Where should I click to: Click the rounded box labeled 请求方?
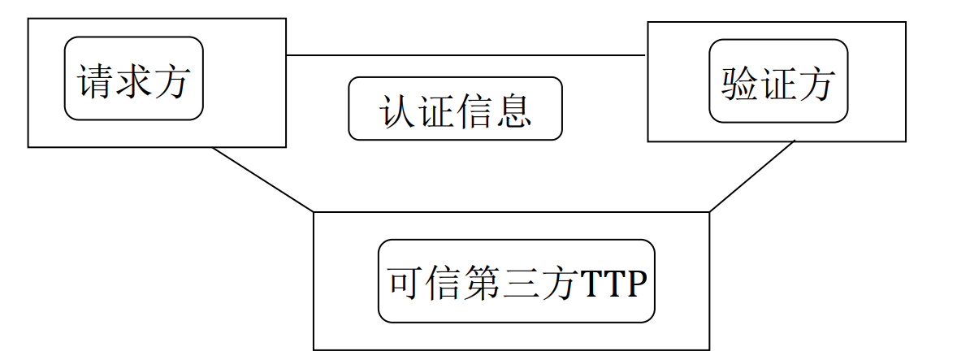coord(133,78)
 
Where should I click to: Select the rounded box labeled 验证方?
coord(777,80)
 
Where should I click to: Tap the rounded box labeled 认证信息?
coord(455,108)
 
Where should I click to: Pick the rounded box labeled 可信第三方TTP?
coord(516,280)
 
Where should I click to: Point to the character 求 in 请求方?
coord(134,81)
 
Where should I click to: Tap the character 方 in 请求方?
coord(171,81)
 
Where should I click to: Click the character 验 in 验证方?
coord(740,83)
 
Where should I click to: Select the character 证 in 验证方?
coord(777,83)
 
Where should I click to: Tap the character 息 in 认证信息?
coord(513,111)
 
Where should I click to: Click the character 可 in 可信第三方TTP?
coord(407,283)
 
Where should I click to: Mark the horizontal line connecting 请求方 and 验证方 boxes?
coord(466,55)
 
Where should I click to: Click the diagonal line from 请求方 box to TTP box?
coord(262,180)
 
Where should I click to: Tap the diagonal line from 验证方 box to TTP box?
coord(751,176)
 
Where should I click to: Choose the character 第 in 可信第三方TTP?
coord(483,283)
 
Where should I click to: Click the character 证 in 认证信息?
coord(436,111)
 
